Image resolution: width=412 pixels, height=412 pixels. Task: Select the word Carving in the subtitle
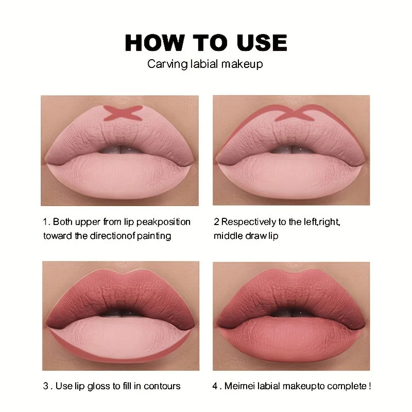point(164,64)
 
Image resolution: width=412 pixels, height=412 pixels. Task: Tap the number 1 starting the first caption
point(45,222)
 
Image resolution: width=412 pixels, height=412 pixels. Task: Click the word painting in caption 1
point(153,236)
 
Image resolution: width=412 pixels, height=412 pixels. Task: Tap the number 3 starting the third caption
point(45,386)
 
